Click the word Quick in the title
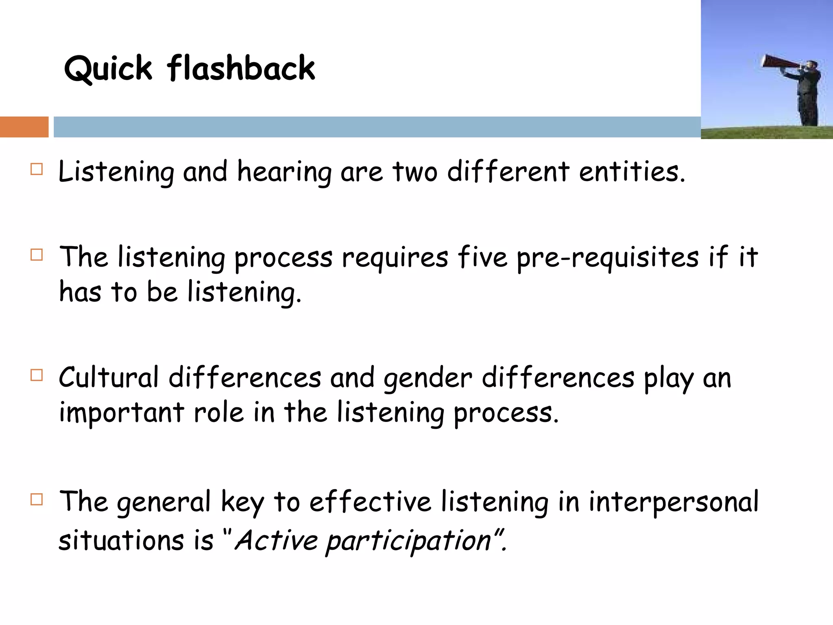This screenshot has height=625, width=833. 108,68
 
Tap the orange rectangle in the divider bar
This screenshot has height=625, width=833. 24,127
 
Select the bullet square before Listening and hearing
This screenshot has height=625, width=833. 37,169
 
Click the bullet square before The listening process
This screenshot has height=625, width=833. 37,255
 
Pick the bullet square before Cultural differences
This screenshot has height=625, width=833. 37,375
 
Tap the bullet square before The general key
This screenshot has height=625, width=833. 37,499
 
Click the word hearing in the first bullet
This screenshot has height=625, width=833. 284,172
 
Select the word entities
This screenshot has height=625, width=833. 632,171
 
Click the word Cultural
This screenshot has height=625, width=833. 109,377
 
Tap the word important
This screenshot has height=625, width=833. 122,413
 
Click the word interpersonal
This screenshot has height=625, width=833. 674,502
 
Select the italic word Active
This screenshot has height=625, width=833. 276,540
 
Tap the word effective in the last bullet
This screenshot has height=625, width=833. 370,502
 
